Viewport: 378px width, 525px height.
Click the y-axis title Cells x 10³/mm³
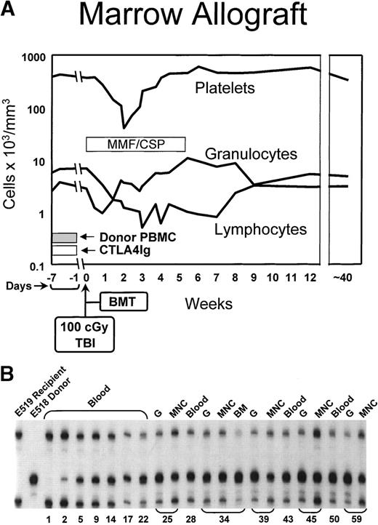[x=10, y=161]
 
